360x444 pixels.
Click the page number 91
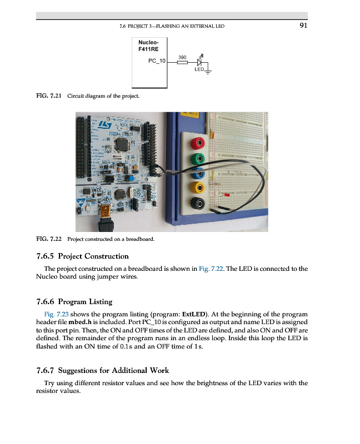[x=303, y=25]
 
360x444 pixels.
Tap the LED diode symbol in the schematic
[x=200, y=62]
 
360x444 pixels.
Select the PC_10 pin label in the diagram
[x=157, y=62]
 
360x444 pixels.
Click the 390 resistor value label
[x=183, y=57]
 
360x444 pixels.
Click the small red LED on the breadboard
[x=225, y=195]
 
